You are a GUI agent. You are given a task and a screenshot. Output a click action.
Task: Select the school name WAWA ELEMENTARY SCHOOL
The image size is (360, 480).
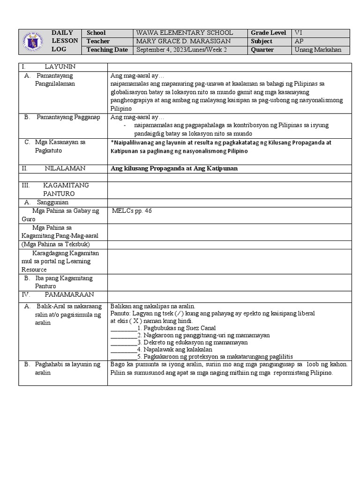click(x=184, y=33)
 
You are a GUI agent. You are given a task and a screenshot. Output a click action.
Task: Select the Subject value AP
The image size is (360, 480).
click(x=299, y=41)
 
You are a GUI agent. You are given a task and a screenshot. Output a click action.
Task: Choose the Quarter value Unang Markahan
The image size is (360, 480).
click(x=318, y=50)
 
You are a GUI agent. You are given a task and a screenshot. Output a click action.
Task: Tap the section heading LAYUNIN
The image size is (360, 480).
click(x=60, y=67)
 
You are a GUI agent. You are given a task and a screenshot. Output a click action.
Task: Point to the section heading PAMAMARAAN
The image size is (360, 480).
click(x=69, y=294)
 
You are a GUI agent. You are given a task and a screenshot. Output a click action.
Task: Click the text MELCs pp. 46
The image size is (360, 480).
click(x=132, y=210)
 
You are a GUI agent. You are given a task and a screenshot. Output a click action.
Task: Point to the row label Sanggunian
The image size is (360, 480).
click(x=52, y=202)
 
